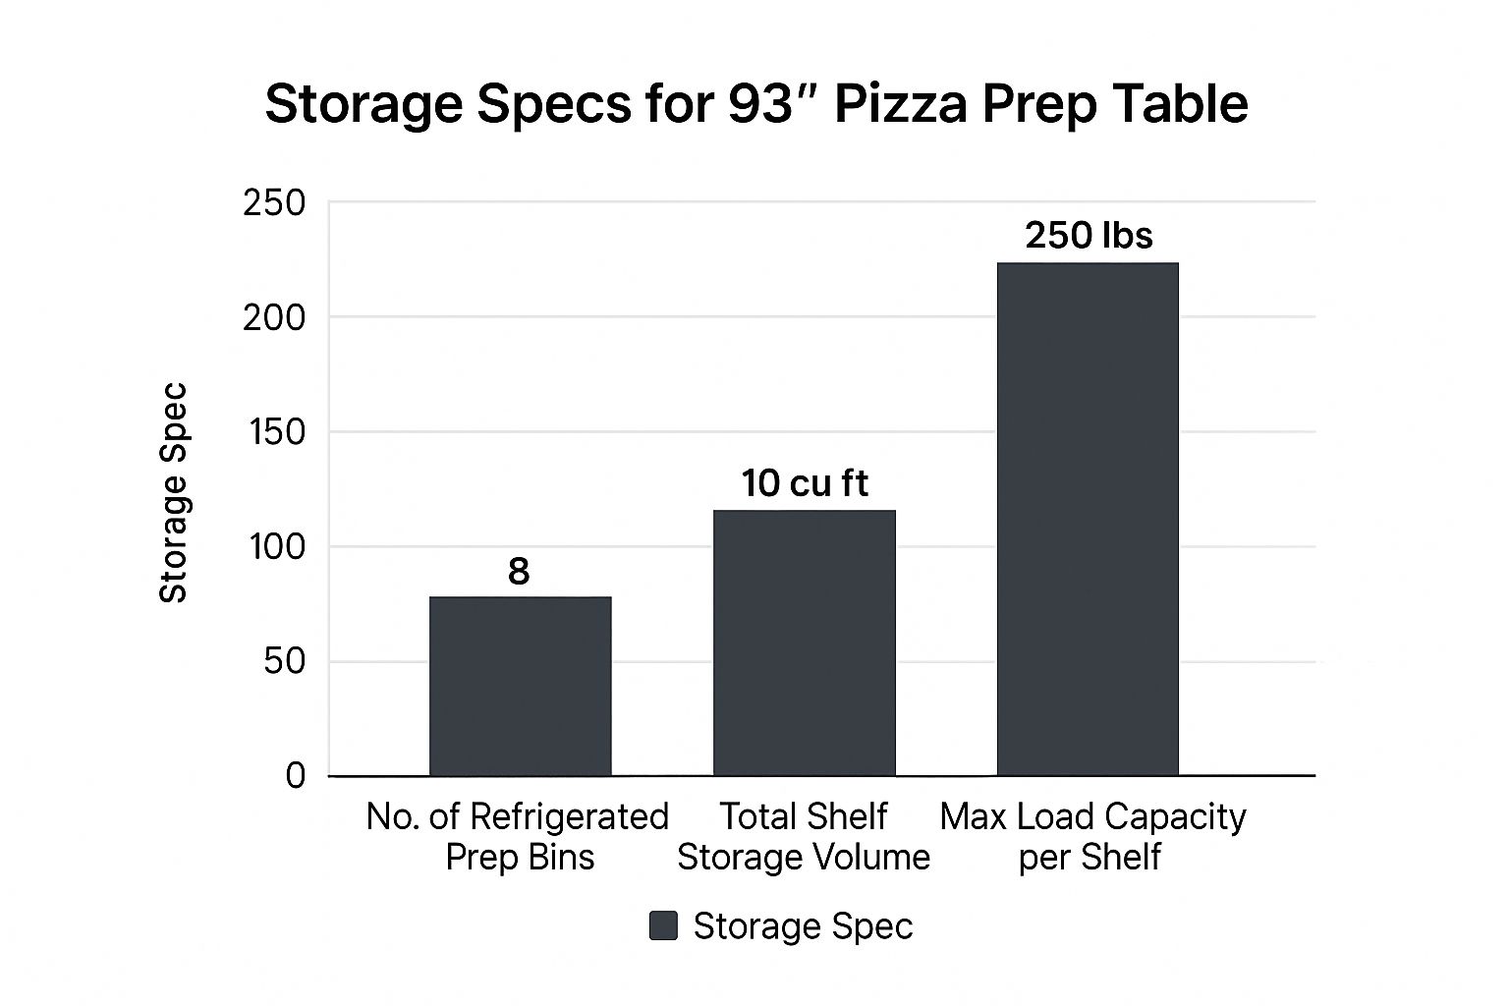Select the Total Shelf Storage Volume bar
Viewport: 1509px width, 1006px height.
804,643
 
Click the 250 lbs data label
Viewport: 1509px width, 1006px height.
1089,236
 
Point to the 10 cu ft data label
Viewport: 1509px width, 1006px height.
805,483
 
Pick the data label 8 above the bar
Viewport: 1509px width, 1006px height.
519,571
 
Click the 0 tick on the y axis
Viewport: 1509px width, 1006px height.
295,776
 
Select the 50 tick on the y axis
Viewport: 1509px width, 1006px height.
285,661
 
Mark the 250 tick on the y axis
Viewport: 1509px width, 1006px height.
274,203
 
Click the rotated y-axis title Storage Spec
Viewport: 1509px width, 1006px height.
173,491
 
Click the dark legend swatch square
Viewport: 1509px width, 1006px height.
663,925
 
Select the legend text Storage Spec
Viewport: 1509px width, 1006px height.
803,925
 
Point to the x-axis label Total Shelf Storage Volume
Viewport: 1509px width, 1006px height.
804,836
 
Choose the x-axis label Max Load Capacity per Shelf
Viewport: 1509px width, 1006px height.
1091,836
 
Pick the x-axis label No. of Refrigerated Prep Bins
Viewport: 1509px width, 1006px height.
518,836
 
